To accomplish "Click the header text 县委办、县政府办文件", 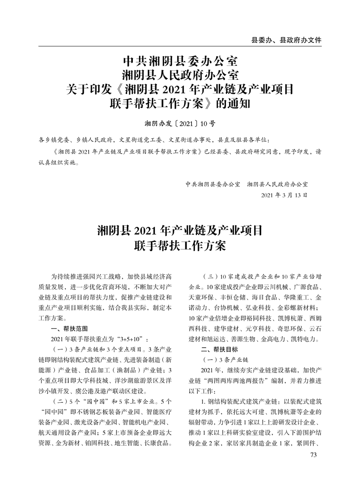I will [x=286, y=40].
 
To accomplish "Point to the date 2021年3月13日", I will [x=284, y=195].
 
